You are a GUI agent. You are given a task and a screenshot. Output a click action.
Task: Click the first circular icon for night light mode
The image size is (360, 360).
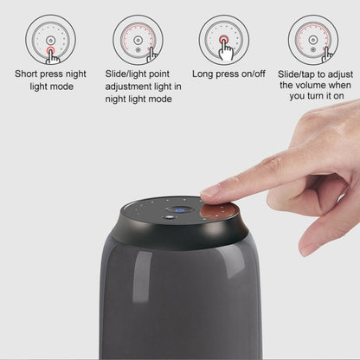(50, 40)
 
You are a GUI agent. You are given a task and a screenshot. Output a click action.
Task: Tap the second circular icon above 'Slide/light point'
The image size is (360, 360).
(138, 40)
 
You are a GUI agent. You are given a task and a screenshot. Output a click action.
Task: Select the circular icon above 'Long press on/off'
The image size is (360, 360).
(224, 40)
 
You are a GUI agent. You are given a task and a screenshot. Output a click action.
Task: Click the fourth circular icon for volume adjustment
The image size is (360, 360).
(312, 40)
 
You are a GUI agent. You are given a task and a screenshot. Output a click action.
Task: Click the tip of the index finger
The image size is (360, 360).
(209, 191)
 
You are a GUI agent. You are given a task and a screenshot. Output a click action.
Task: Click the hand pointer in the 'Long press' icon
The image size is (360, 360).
(228, 50)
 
